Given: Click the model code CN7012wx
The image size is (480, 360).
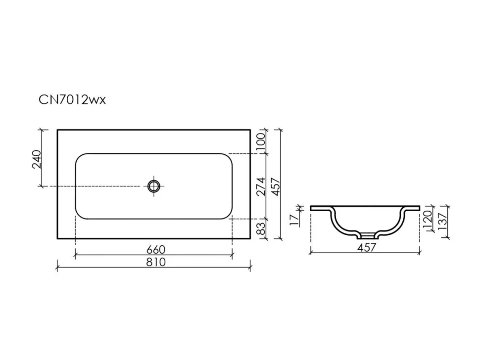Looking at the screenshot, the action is click(72, 100).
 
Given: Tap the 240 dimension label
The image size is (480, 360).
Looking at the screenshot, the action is click(37, 159).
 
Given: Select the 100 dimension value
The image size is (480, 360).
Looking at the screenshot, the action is click(260, 141).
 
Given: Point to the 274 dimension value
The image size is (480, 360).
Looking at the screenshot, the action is click(260, 186).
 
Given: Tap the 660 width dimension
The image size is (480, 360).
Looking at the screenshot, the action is click(156, 250).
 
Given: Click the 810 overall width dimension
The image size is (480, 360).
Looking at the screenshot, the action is click(156, 262).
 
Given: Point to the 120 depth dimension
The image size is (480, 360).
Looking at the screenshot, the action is click(428, 216).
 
